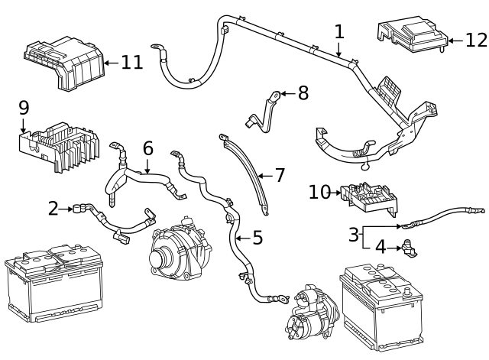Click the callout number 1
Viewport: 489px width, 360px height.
coord(339,32)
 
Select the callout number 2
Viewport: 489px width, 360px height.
coord(53,207)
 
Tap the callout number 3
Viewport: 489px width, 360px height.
coord(354,234)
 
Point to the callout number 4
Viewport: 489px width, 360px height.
coord(380,247)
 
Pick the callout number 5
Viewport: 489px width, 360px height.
coord(257,238)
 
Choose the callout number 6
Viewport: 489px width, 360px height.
coord(147,148)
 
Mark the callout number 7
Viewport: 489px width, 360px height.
coord(280,175)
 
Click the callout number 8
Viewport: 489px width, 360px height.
coord(303,93)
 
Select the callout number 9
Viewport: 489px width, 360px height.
coord(23,108)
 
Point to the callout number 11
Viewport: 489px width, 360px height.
coord(131,62)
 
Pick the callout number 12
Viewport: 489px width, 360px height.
coord(475,39)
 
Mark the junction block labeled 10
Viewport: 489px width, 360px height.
coord(368,196)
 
